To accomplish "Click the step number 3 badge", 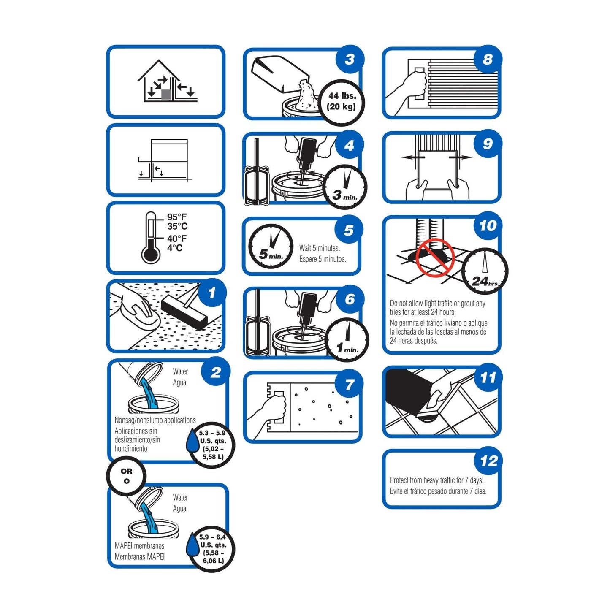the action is pos(350,59).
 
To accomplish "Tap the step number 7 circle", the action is pos(349,384).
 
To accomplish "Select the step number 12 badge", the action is pos(489,461).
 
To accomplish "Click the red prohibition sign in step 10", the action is pos(435,258).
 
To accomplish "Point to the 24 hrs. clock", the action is pos(485,271).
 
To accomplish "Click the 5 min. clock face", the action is pos(271,247).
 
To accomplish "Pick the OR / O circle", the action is pos(127,476).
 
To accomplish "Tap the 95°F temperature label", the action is pos(177,217).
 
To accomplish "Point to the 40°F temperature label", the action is pos(177,239).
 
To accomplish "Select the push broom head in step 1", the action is pos(184,314).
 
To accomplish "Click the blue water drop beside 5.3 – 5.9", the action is pos(192,440).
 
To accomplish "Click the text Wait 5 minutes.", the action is pos(320,248).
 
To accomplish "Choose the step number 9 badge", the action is pos(488,144).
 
